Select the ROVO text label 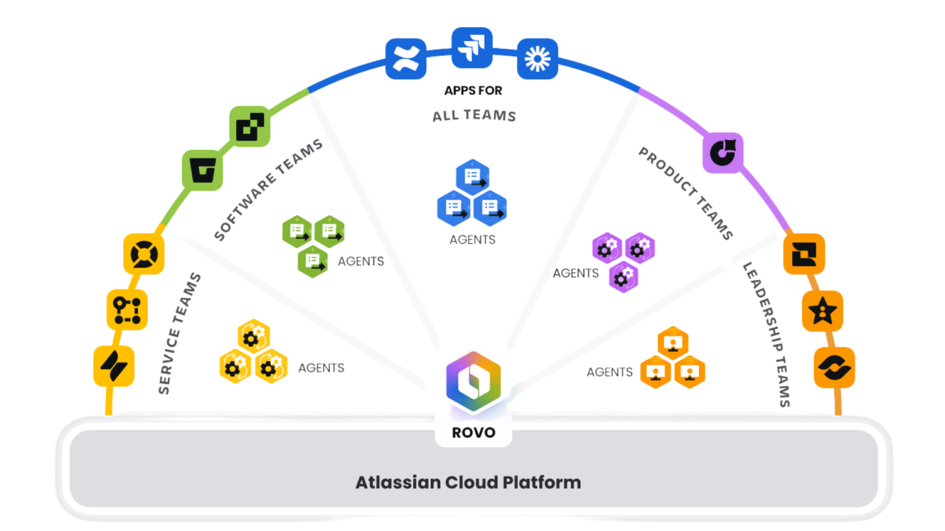473,433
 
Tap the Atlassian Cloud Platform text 468,482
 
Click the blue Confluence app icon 406,59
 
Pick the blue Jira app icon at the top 472,48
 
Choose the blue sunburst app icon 537,59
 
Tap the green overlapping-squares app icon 250,127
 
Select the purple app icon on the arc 723,152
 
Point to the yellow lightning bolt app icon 114,366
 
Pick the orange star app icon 823,311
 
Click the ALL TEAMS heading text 474,116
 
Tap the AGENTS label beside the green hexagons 361,261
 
